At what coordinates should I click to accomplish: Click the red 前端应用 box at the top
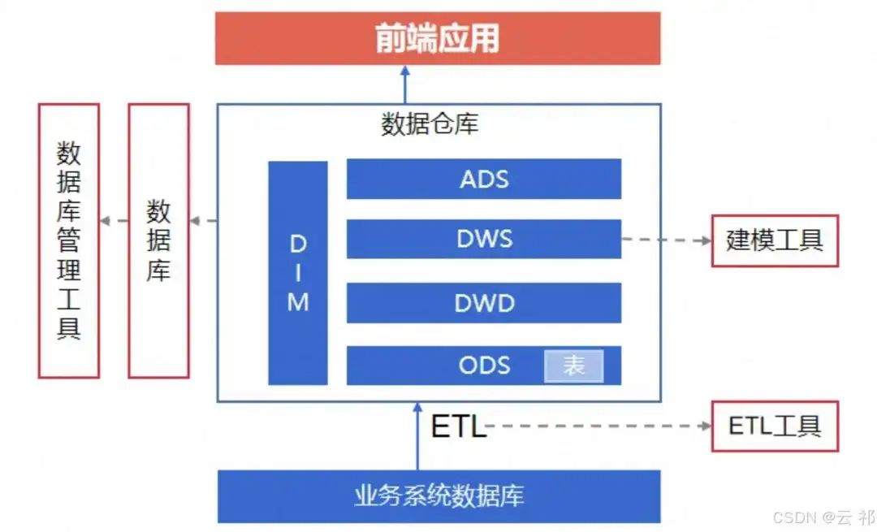coord(438,38)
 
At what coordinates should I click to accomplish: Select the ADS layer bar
coord(484,179)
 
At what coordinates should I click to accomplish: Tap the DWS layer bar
coord(484,239)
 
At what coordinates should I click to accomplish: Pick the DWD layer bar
coord(484,303)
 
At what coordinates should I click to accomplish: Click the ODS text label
coord(484,365)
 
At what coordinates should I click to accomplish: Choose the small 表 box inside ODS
coord(573,365)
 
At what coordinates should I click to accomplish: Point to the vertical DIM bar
coord(298,273)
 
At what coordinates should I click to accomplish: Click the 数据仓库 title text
coord(430,123)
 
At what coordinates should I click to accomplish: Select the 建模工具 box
coord(774,240)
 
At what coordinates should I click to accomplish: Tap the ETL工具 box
coord(774,426)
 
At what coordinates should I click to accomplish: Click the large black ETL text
coord(458,426)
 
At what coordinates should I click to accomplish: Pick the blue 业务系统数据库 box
coord(438,495)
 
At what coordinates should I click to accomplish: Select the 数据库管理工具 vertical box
coord(69,240)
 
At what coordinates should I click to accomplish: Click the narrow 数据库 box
coord(158,240)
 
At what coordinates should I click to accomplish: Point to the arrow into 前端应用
coord(405,84)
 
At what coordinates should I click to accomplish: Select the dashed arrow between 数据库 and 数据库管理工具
coord(114,221)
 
